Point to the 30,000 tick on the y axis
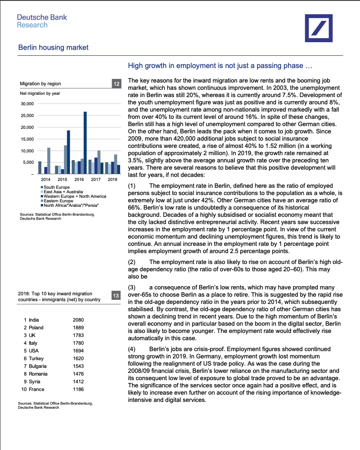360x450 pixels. pos(28,104)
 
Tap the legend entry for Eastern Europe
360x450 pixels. pos(58,201)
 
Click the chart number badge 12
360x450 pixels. pos(116,84)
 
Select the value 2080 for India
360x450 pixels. pos(78,320)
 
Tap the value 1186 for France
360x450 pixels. pos(78,389)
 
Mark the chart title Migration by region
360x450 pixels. pos(40,84)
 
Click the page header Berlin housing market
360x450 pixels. pos(53,48)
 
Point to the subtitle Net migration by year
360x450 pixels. pos(40,93)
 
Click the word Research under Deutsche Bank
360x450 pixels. pos(32,25)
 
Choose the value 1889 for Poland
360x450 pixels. pos(78,328)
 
